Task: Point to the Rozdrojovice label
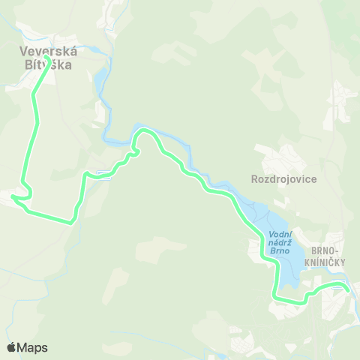tap(284, 180)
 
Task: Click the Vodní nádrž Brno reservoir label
tap(279, 243)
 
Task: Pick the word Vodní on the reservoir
tap(279, 235)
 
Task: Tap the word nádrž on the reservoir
tap(279, 243)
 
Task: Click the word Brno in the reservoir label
tap(279, 251)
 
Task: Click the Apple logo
tap(11, 347)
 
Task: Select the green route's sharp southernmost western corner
tap(73, 221)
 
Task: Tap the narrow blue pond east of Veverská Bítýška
tap(98, 79)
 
